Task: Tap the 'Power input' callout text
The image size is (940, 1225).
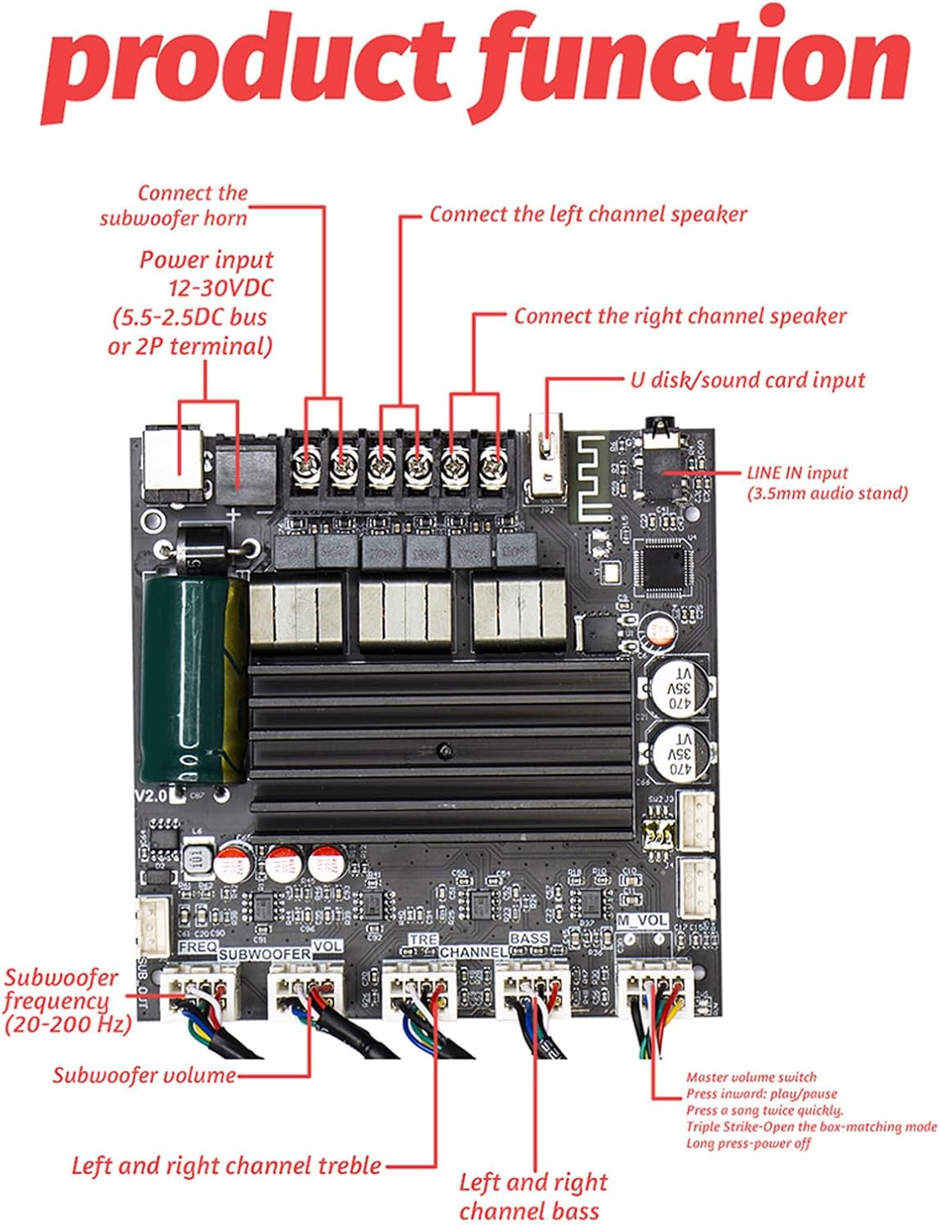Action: (206, 260)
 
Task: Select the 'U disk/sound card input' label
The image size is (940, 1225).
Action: (747, 380)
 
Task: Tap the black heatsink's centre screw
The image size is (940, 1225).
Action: (442, 748)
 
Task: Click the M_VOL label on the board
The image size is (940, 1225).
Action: (642, 920)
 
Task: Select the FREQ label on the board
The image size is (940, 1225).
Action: (198, 947)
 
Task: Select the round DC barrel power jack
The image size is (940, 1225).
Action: (172, 464)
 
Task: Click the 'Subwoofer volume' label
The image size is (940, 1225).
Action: (144, 1075)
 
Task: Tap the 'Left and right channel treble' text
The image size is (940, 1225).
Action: (226, 1165)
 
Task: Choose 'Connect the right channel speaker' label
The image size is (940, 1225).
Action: (679, 316)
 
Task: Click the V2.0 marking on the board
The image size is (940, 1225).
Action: (150, 795)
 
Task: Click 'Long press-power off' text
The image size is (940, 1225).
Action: (748, 1143)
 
